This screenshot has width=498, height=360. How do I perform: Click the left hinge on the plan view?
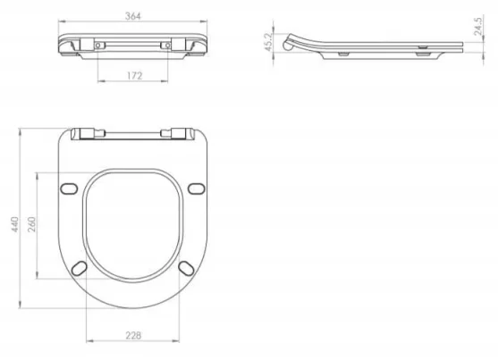(86, 134)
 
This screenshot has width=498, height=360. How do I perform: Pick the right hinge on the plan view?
(179, 134)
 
